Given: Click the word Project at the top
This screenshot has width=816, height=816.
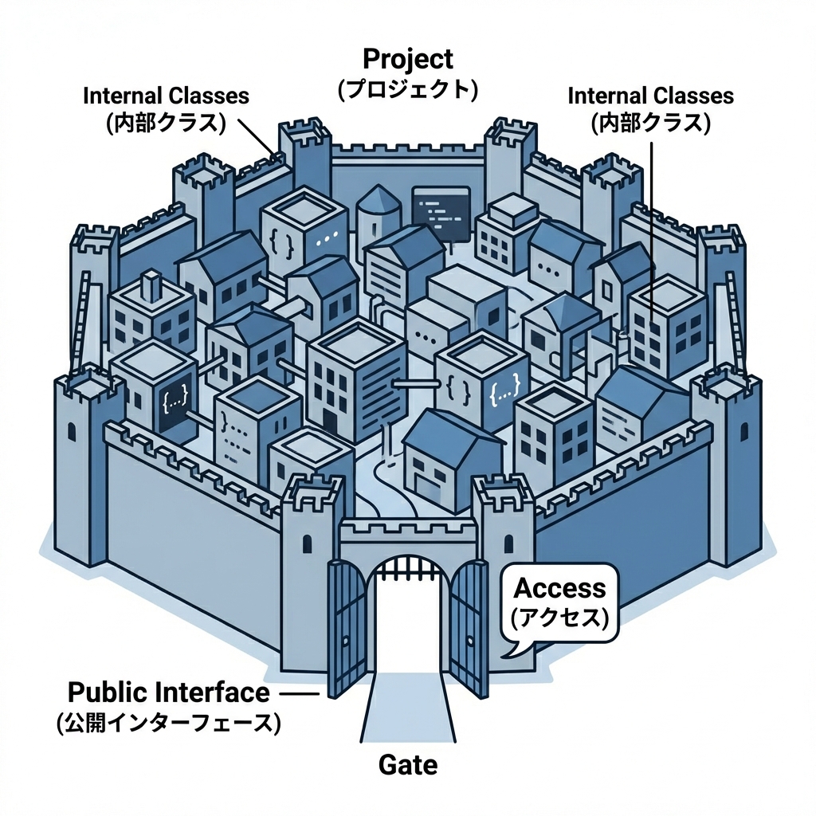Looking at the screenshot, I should point(407,59).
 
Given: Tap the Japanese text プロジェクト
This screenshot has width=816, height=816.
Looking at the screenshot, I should point(407,88).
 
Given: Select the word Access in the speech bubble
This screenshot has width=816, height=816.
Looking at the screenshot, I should point(559,589).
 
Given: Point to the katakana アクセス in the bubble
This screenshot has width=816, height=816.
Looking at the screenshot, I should point(559,616).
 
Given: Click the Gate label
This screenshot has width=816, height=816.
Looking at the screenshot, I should point(407,766).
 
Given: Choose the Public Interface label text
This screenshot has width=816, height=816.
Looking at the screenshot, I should point(168,692).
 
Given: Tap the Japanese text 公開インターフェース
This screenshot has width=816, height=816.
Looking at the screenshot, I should point(168,723).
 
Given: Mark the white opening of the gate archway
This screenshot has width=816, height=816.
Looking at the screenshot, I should point(407,630).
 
